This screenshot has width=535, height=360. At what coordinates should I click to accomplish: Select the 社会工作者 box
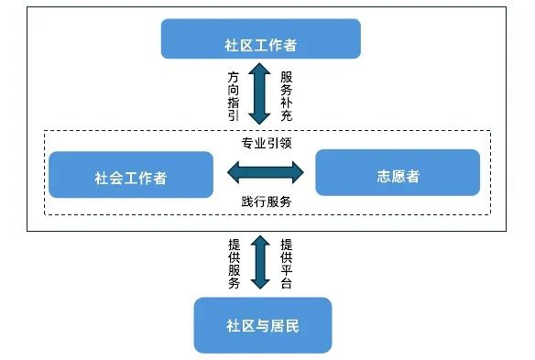tap(130, 175)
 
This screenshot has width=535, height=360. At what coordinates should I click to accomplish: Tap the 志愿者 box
tap(397, 173)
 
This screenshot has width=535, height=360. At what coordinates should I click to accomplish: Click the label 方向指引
tap(234, 94)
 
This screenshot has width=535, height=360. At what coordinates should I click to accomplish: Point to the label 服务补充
tap(287, 94)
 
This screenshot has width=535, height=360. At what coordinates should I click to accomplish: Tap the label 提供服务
tap(234, 264)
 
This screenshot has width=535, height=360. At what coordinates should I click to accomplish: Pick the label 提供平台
tap(287, 264)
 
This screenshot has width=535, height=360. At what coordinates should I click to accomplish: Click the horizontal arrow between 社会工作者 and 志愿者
tap(265, 171)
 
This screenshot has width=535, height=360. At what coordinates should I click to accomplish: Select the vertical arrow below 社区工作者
tap(260, 93)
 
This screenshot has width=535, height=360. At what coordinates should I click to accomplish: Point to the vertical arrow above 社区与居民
tap(260, 264)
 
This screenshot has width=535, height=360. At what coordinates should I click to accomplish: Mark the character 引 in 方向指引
tap(234, 116)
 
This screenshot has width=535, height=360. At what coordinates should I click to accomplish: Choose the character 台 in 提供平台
tap(287, 285)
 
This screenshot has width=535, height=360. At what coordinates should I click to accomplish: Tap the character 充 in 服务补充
tap(287, 116)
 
